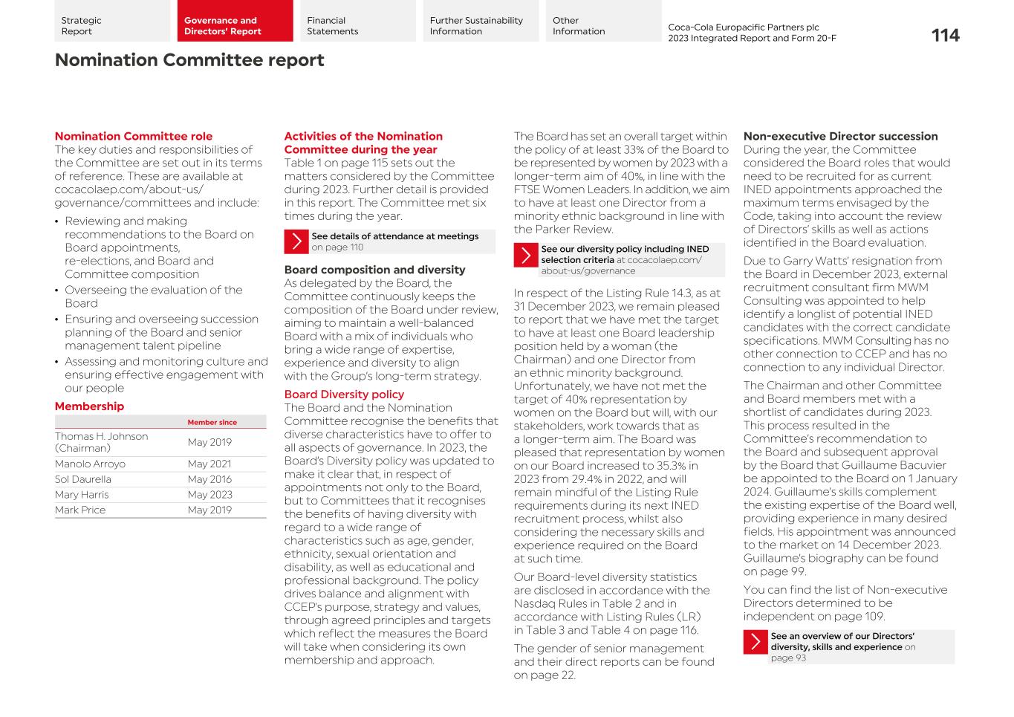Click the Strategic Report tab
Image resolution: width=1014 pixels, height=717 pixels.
click(111, 21)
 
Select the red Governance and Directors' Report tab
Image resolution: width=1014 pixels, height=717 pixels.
click(234, 21)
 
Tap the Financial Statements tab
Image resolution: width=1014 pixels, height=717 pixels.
click(357, 21)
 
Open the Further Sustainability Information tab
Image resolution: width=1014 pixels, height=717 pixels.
click(480, 21)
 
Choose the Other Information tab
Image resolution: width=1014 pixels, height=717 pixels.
click(602, 21)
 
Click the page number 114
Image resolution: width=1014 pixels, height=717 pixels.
click(945, 36)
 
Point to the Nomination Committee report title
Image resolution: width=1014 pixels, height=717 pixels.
click(189, 60)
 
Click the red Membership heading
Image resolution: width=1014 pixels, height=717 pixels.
click(89, 406)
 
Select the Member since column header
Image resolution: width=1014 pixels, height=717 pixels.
click(212, 423)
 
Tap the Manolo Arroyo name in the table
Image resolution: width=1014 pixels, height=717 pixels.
click(90, 464)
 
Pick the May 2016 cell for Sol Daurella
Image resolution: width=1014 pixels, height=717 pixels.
click(209, 480)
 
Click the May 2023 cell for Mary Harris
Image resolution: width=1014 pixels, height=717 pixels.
click(209, 495)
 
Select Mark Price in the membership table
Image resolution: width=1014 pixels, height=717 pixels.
click(80, 510)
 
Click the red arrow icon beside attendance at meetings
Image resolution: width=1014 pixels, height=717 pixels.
click(296, 241)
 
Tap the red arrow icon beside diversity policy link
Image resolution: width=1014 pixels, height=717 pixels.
click(526, 255)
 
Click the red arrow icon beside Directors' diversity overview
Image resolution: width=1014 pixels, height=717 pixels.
click(755, 642)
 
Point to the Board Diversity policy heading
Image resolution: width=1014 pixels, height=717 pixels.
click(344, 395)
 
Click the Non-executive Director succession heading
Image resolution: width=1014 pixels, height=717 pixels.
click(840, 137)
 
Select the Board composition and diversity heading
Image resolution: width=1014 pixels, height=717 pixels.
click(374, 270)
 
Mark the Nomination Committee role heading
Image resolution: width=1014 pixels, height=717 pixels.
click(134, 137)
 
